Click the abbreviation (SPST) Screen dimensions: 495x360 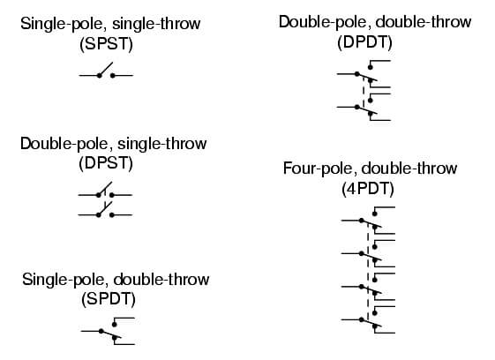point(106,44)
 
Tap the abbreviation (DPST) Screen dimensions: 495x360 point(106,163)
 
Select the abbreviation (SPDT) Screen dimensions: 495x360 point(109,299)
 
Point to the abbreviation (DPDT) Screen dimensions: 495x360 point(364,42)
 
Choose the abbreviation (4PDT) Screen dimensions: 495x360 point(368,189)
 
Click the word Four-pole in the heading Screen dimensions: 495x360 point(319,169)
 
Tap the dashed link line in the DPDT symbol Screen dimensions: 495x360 point(364,91)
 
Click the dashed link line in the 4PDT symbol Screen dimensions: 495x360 point(368,270)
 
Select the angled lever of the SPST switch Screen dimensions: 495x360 point(106,69)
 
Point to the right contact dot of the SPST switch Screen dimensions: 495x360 point(112,76)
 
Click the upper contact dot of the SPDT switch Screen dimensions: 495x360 point(115,325)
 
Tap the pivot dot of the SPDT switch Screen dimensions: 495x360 point(101,331)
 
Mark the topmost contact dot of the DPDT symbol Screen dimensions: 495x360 point(371,67)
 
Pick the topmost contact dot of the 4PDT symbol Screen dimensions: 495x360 point(375,214)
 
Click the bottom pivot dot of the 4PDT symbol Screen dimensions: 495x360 point(362,319)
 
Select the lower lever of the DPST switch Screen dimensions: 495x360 point(105,208)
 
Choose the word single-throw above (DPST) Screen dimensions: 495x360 point(162,144)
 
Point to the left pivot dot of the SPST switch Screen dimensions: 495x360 point(99,76)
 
